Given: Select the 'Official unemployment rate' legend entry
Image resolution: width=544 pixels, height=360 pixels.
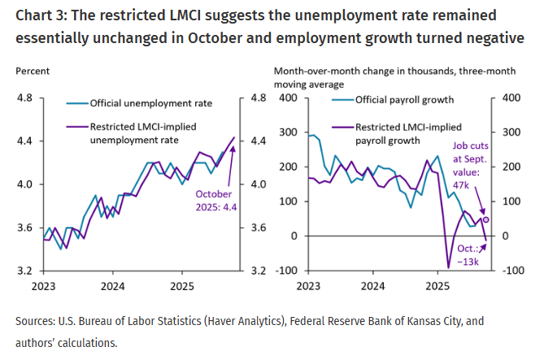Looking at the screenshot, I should [x=150, y=103].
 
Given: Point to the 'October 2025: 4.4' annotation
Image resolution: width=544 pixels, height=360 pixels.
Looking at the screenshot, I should [x=214, y=199].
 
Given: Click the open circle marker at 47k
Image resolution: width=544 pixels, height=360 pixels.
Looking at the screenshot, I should [x=486, y=219].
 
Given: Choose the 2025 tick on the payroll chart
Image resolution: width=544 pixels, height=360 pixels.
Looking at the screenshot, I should [x=437, y=286].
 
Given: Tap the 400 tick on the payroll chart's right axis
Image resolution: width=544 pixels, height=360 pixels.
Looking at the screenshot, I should [x=508, y=98].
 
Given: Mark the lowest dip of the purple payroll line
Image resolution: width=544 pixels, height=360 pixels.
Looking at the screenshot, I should [x=448, y=267].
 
